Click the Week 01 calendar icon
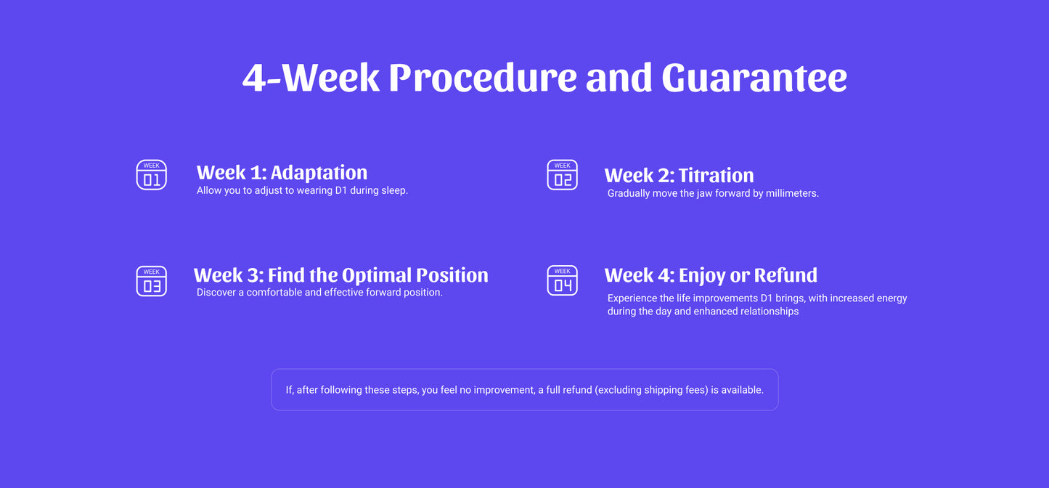click(x=151, y=175)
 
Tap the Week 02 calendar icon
click(x=562, y=175)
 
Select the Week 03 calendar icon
click(x=151, y=281)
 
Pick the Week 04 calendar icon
click(x=562, y=280)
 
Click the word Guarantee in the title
click(x=754, y=77)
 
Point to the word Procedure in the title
click(x=483, y=77)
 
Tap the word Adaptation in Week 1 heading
click(x=319, y=173)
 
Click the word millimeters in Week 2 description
click(x=792, y=193)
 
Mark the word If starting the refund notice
click(x=290, y=390)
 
